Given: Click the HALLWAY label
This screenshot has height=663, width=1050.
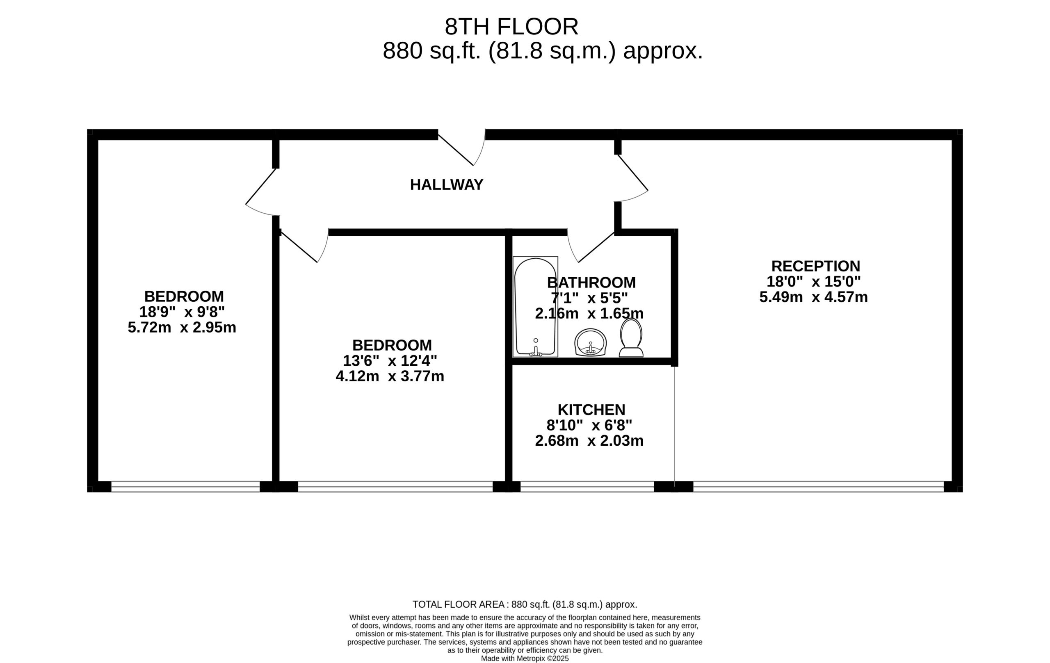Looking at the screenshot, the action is pos(447,185).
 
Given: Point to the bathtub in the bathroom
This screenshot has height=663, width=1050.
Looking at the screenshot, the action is pos(536,307).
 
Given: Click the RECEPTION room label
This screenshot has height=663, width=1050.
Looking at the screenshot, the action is pos(815,266).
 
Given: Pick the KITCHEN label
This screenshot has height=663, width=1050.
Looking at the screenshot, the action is pos(591,410).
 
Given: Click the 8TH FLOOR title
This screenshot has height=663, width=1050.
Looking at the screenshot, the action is pos(511,27).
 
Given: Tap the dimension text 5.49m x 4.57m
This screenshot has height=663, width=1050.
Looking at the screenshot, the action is pos(814,297).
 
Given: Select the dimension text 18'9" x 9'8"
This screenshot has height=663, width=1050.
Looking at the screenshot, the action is pos(182,312).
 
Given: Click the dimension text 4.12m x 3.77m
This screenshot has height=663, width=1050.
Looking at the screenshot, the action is pos(390,376).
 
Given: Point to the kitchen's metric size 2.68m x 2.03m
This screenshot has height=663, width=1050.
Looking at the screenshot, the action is pos(589,441).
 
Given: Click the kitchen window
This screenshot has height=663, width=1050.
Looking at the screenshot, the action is pos(587,487).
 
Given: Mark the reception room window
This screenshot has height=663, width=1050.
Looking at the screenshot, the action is pos(818,487).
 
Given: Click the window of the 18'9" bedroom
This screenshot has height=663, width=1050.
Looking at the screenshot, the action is pos(185,487).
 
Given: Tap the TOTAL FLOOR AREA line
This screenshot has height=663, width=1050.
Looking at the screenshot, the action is pos(525,605).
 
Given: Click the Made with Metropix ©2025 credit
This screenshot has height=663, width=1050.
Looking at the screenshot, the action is pos(525,658).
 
